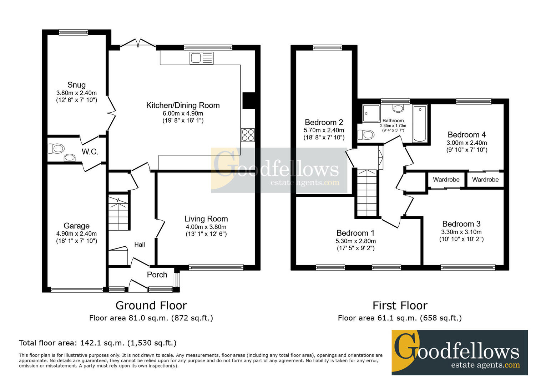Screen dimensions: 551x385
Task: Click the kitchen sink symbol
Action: click(202, 58)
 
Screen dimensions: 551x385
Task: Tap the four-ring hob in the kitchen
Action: click(248, 135)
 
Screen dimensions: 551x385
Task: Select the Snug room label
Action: click(76, 85)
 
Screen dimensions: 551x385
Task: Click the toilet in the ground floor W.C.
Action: click(56, 149)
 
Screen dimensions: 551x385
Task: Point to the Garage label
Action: click(76, 226)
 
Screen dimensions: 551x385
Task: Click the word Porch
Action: click(157, 275)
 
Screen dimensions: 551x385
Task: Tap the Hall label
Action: click(140, 245)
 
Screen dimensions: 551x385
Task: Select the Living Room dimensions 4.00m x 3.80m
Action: click(206, 227)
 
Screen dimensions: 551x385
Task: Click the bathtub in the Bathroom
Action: click(420, 124)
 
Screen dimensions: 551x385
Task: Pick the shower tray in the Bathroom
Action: click(371, 113)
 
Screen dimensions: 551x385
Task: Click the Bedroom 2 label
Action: click(324, 122)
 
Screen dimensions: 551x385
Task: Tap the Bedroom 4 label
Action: click(467, 135)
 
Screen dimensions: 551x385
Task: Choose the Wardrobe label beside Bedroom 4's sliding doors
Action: click(485, 180)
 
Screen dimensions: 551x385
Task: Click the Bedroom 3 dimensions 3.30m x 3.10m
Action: click(461, 232)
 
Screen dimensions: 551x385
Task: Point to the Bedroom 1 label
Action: click(355, 233)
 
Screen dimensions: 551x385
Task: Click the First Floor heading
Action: click(400, 306)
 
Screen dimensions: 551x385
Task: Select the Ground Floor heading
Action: click(151, 306)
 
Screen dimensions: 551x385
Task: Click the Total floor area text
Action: click(98, 343)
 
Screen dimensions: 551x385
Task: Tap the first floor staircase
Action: click(367, 193)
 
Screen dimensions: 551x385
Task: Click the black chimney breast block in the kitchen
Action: click(249, 101)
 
